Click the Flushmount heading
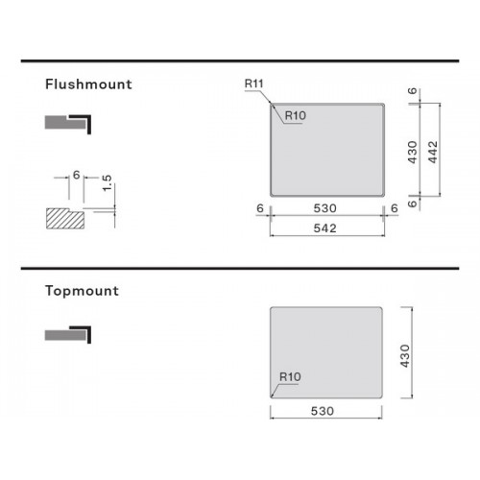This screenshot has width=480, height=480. [88, 84]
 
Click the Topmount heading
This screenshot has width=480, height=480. [82, 291]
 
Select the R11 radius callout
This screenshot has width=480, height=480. [253, 84]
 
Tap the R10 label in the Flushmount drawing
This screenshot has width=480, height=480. [296, 115]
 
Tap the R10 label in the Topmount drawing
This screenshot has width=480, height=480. [290, 377]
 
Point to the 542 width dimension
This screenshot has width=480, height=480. [324, 228]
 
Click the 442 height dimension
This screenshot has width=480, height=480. [433, 152]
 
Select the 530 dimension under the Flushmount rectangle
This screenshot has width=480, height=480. [324, 208]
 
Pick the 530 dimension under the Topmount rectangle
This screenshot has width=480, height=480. [323, 411]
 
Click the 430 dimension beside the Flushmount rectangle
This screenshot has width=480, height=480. [413, 152]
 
